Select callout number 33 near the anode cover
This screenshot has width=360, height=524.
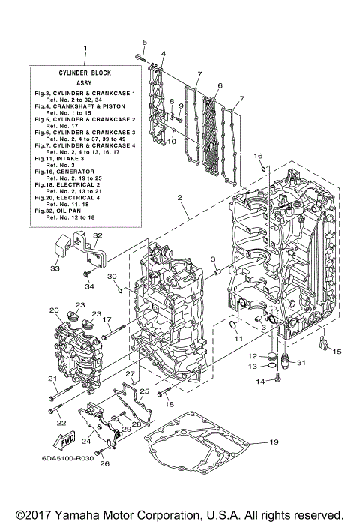54,268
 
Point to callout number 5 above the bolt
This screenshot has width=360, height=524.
145,41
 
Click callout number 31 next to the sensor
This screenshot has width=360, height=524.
302,364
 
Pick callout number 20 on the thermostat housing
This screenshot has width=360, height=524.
54,310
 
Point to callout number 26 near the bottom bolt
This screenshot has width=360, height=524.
104,463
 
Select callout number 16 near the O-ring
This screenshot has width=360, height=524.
257,156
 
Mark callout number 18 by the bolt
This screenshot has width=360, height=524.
169,404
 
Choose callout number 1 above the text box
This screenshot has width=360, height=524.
85,49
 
